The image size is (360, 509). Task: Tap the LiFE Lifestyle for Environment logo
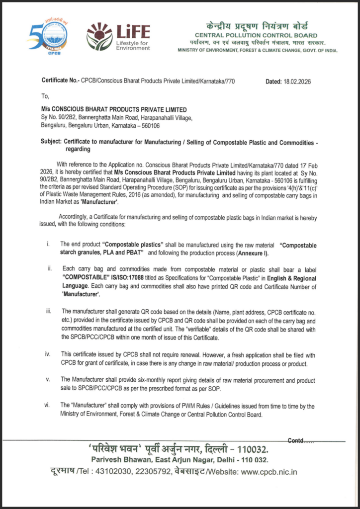[118, 36]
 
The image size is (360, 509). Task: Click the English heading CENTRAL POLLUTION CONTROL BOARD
[256, 35]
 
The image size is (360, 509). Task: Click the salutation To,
[45, 96]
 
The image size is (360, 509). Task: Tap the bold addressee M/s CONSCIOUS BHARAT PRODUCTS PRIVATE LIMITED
[114, 109]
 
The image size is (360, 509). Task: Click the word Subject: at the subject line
[52, 142]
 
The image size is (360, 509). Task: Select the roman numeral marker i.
[48, 244]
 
